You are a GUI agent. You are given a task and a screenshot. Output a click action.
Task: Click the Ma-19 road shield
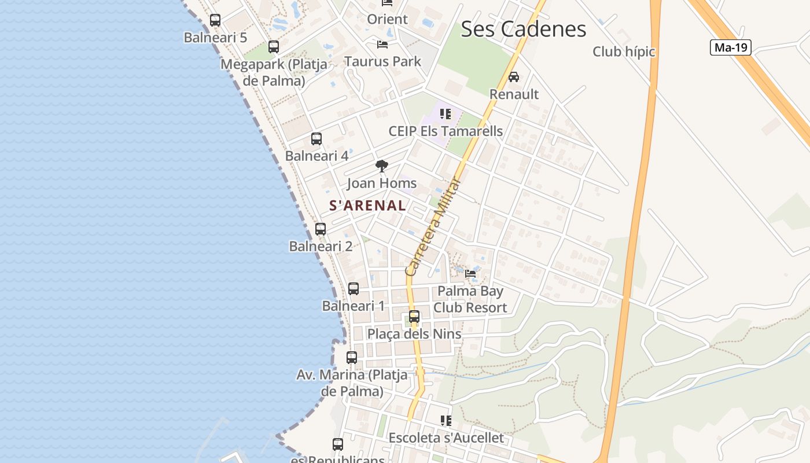click(x=730, y=47)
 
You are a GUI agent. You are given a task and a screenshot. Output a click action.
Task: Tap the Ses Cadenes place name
click(x=523, y=29)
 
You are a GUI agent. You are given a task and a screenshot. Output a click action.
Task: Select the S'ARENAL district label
click(x=367, y=205)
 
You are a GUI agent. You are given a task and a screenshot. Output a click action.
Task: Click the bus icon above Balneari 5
click(x=215, y=20)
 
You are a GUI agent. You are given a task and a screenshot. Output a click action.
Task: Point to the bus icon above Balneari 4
click(x=316, y=139)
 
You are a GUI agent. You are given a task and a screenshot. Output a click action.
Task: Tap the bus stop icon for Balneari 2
click(x=321, y=229)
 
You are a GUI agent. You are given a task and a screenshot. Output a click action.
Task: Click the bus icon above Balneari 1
click(x=354, y=289)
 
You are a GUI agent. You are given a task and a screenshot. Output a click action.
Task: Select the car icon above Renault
click(x=514, y=77)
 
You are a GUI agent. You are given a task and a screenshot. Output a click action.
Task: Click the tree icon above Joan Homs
click(x=382, y=167)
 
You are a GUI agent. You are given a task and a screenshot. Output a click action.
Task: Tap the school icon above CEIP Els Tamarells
click(x=445, y=114)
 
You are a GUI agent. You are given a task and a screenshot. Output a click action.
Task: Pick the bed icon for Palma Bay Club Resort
click(x=470, y=273)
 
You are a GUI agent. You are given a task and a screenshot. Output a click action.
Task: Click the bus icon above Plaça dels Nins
click(x=414, y=317)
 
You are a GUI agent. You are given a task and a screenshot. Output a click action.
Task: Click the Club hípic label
click(x=624, y=52)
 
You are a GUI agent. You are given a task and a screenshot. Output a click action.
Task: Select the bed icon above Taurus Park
click(x=382, y=45)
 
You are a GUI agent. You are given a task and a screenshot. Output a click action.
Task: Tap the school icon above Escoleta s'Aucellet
click(x=446, y=421)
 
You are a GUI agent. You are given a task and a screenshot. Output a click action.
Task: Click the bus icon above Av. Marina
click(x=352, y=358)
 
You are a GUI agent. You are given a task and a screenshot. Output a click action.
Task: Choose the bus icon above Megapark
click(x=274, y=47)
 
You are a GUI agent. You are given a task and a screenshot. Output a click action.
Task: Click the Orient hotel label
click(x=387, y=19)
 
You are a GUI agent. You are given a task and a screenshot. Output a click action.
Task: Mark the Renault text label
click(x=514, y=94)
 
